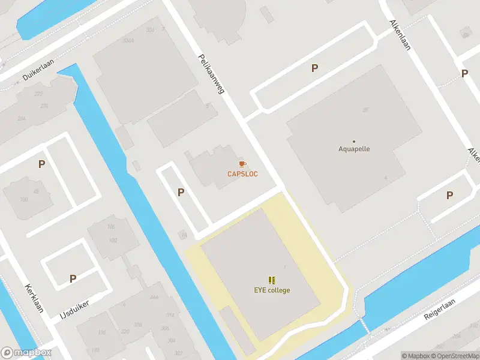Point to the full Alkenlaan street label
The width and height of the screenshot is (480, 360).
pyautogui.click(x=400, y=35)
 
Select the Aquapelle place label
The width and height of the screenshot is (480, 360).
pyautogui.click(x=353, y=149)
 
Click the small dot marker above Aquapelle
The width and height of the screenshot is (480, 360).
pyautogui.click(x=353, y=141)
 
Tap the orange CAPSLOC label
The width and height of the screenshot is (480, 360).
pyautogui.click(x=242, y=174)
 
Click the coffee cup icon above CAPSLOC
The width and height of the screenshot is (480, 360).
pyautogui.click(x=242, y=164)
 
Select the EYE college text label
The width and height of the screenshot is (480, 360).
pyautogui.click(x=271, y=290)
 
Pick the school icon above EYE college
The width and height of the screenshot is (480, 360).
pyautogui.click(x=272, y=280)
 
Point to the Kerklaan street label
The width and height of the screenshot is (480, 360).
pyautogui.click(x=34, y=298)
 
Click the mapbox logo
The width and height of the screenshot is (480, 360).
pyautogui.click(x=26, y=353)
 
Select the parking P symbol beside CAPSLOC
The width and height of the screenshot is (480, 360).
pyautogui.click(x=181, y=192)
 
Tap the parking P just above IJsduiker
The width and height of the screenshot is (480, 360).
pyautogui.click(x=73, y=278)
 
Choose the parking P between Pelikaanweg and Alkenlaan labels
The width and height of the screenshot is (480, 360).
pyautogui.click(x=314, y=68)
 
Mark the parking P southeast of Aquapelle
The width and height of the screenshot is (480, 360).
pyautogui.click(x=449, y=195)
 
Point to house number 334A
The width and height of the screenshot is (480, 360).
pyautogui.click(x=128, y=40)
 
